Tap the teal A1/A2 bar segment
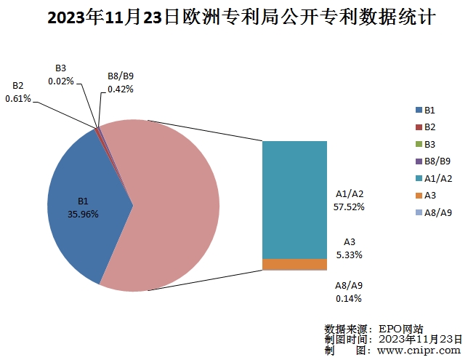pyautogui.click(x=294, y=196)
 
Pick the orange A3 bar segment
pyautogui.click(x=294, y=264)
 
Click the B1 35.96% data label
pyautogui.click(x=83, y=207)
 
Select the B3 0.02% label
pyautogui.click(x=61, y=75)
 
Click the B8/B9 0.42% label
pyautogui.click(x=120, y=83)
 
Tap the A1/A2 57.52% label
pyautogui.click(x=349, y=200)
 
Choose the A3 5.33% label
pyautogui.click(x=349, y=249)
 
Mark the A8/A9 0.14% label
pyautogui.click(x=349, y=292)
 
